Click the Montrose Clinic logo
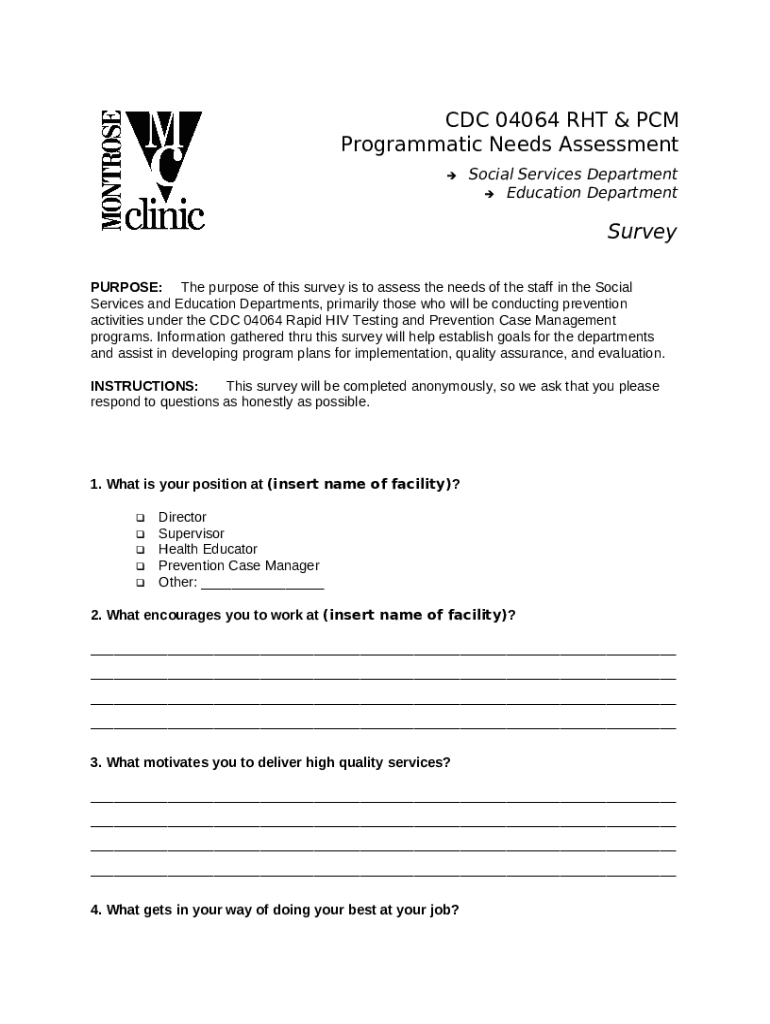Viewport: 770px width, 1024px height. (153, 170)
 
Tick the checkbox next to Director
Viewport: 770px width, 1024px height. (140, 518)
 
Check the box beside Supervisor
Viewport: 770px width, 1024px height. (140, 534)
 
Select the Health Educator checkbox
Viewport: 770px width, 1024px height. (140, 550)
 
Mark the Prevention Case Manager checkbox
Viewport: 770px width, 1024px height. (140, 566)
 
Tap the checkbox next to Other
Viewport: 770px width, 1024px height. (140, 582)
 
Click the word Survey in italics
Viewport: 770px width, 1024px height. (642, 232)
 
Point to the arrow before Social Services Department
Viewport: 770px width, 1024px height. (451, 175)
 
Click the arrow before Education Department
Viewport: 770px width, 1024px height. (489, 193)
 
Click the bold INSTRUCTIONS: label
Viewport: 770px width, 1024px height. (144, 386)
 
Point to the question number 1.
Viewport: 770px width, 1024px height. (95, 485)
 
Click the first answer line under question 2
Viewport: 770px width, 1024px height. (383, 652)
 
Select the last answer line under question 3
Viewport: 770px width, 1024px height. (383, 873)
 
